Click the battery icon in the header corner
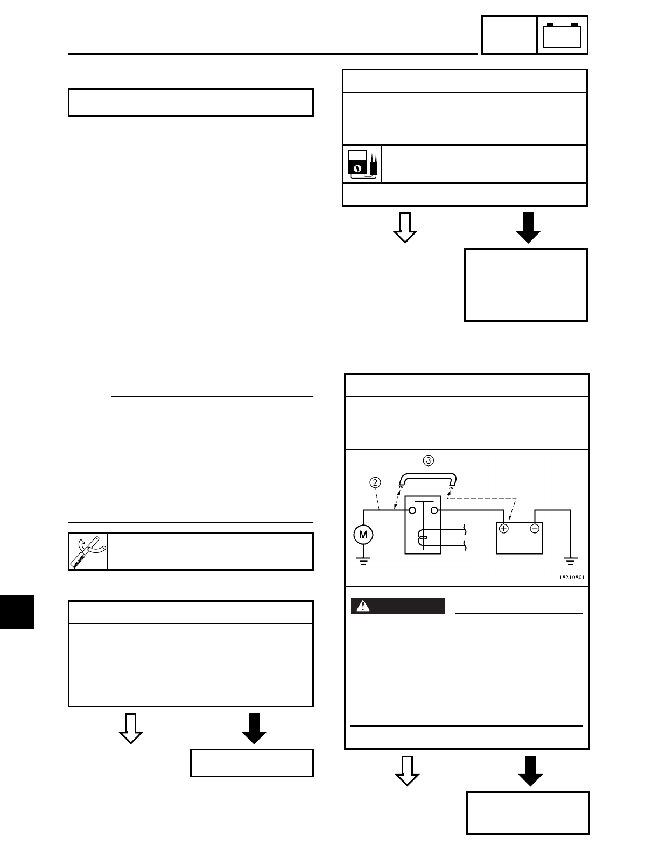(563, 35)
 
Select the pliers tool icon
(88, 551)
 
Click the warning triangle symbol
(364, 606)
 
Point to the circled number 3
(428, 460)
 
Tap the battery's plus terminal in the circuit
(504, 529)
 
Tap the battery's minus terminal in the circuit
(535, 529)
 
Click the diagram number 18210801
(571, 577)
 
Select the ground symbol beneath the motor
(363, 560)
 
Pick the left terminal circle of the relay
(412, 510)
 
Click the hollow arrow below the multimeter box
(405, 228)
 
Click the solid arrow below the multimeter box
(528, 228)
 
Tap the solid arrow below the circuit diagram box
(530, 771)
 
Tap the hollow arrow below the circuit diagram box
(407, 771)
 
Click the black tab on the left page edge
(17, 612)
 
